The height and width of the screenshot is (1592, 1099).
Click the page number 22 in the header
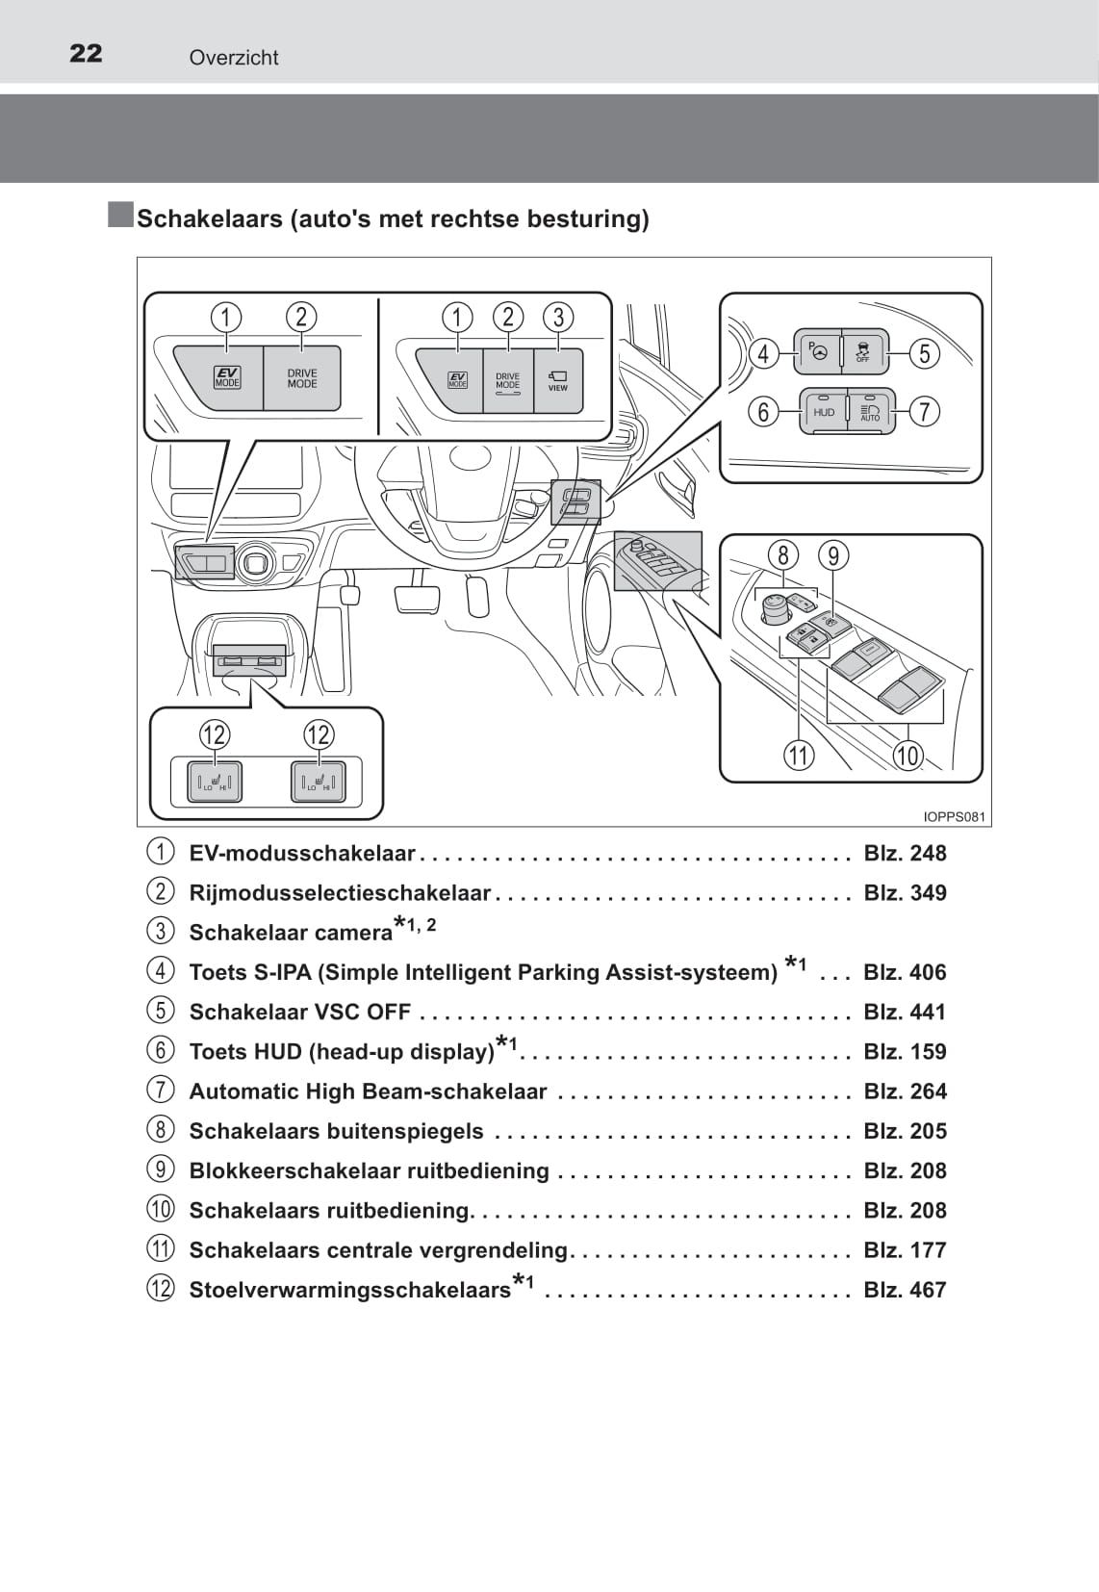[x=86, y=53]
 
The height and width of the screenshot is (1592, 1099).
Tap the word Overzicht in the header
[x=234, y=58]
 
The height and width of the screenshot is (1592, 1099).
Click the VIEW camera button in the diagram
[x=558, y=381]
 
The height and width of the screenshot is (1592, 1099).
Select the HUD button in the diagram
[x=824, y=412]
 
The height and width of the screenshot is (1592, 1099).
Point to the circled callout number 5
[x=925, y=353]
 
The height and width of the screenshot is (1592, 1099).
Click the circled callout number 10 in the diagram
[x=907, y=756]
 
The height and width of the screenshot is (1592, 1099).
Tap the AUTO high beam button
[x=871, y=412]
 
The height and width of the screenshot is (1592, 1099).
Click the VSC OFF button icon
[x=863, y=352]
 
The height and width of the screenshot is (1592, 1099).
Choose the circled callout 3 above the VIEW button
[x=558, y=317]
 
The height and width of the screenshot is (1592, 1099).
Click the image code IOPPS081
[x=954, y=817]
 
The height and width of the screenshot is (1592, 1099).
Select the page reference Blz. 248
[x=905, y=854]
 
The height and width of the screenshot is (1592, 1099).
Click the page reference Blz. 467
[x=905, y=1290]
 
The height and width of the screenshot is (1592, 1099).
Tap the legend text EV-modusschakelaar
[x=302, y=854]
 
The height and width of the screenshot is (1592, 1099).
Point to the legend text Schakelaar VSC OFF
[x=300, y=1013]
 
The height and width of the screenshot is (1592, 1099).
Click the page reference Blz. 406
[x=905, y=972]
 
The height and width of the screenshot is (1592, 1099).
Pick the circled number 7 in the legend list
[x=161, y=1091]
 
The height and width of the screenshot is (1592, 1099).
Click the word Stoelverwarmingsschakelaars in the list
[x=350, y=1290]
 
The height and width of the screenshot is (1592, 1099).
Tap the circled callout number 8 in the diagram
[x=783, y=555]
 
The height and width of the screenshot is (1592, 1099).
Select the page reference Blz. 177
[x=905, y=1250]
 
